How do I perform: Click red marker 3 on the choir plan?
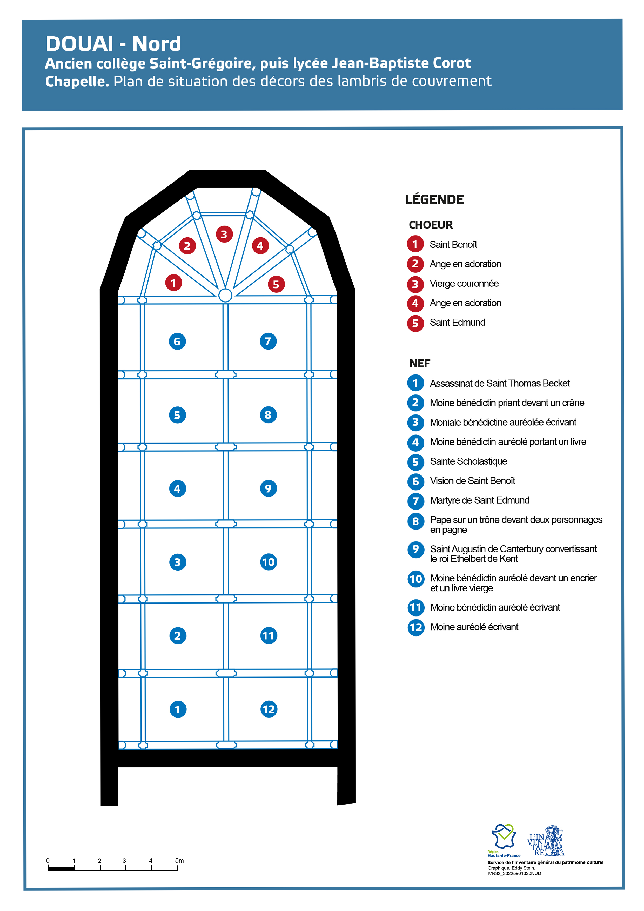224,235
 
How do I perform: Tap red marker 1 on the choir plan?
173,283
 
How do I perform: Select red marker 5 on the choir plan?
276,284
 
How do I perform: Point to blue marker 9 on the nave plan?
269,488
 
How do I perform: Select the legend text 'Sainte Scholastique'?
469,461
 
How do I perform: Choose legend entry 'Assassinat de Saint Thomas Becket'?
500,383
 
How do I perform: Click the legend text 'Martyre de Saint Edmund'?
480,500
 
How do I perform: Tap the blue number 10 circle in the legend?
416,579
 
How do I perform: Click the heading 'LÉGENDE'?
434,199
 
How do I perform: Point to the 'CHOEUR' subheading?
431,225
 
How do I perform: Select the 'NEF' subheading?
420,364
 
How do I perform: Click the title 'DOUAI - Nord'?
113,44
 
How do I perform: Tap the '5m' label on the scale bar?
179,861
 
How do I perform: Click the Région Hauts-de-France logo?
504,841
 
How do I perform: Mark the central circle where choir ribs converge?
225,295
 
